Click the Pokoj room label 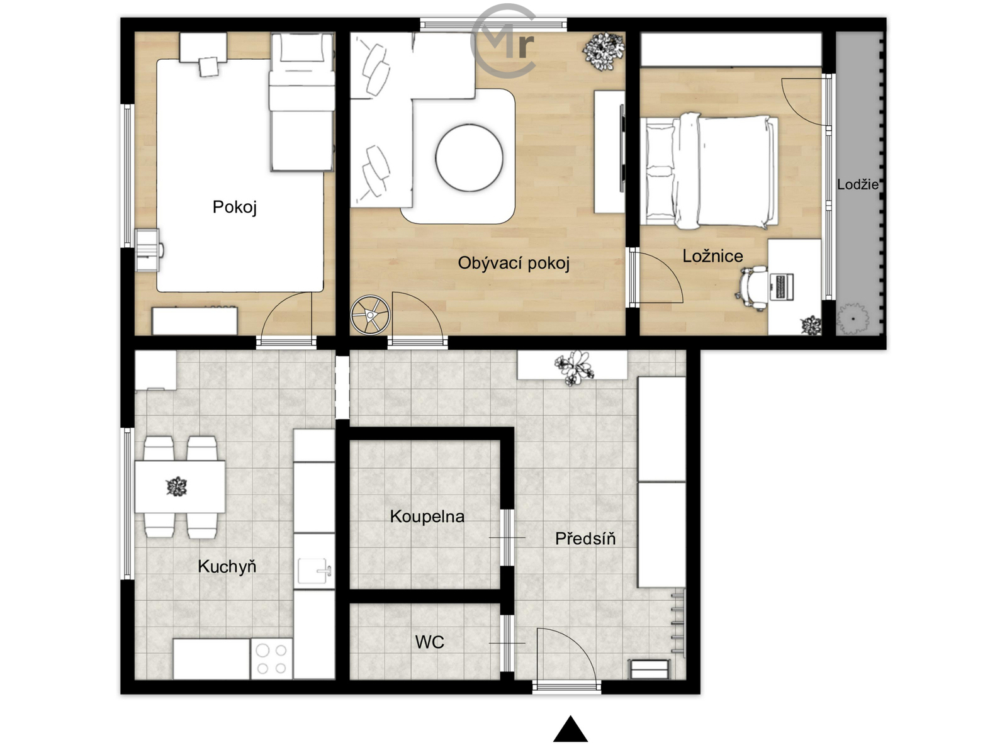[x=234, y=207]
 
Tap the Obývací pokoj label [x=514, y=263]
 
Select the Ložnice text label [x=712, y=256]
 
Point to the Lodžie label [x=857, y=184]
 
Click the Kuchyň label [x=227, y=567]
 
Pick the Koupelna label [x=427, y=517]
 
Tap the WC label [x=429, y=642]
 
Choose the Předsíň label [x=585, y=538]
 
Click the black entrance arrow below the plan [x=570, y=729]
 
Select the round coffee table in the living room [x=469, y=158]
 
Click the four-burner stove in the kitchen [x=271, y=658]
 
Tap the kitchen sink [x=314, y=571]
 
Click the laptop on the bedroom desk [x=782, y=287]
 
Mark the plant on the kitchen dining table [x=177, y=486]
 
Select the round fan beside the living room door [x=370, y=315]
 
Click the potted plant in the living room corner [x=604, y=51]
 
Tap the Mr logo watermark [x=503, y=40]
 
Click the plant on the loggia [x=853, y=318]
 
